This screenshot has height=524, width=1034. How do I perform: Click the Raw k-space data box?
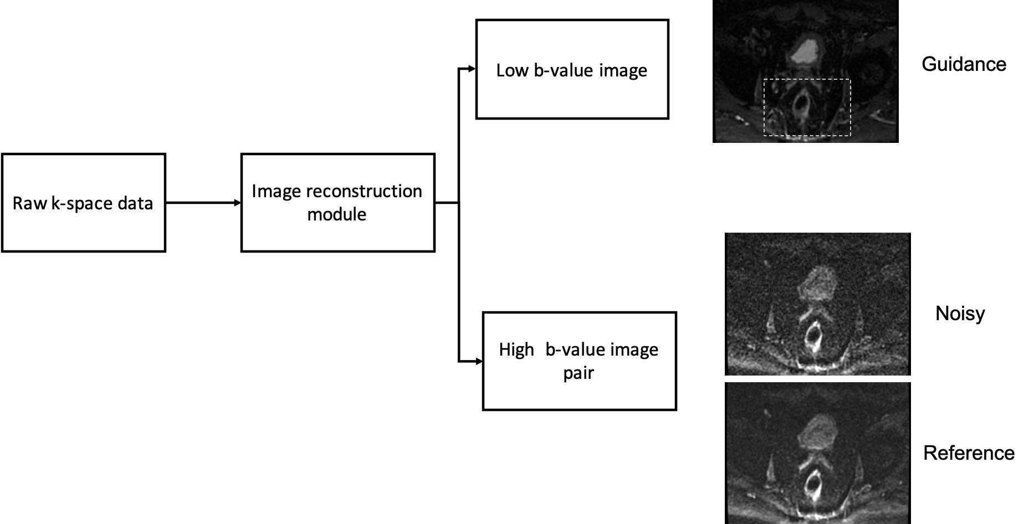point(83,203)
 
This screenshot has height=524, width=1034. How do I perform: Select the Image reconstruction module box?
point(337,203)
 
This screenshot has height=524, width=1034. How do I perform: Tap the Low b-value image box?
point(572,70)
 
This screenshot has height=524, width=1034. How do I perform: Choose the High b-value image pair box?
point(579,361)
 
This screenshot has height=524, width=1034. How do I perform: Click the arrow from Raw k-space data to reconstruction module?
point(203,203)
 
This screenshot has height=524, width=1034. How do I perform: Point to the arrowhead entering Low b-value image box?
point(472,69)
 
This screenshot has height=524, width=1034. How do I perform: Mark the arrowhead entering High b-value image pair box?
point(478,362)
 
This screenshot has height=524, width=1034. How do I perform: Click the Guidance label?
point(964,64)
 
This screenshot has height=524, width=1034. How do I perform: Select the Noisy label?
point(960,314)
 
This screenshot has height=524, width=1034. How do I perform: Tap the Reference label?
point(969,453)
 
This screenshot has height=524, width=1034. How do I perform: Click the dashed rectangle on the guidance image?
point(807,80)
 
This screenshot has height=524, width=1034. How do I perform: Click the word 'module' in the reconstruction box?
point(337,214)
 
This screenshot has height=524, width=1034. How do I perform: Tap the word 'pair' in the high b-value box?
point(579,373)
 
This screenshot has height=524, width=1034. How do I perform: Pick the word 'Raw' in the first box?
point(29,203)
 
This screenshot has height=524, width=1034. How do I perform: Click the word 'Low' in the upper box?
point(512,70)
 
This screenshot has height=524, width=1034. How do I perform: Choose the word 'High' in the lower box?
point(516,350)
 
